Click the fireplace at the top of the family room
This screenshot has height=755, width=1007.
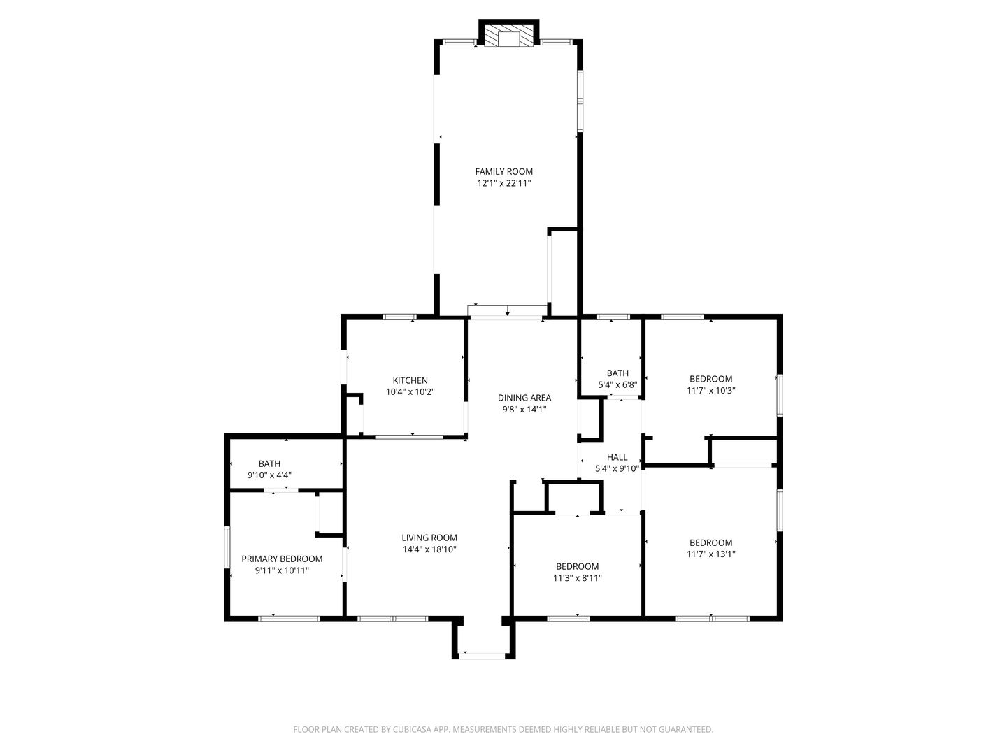(508, 33)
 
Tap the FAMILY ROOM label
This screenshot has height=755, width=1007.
(503, 171)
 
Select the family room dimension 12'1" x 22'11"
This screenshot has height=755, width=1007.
(503, 183)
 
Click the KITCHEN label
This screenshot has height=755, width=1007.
(410, 380)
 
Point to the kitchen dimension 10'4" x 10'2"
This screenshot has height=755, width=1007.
(410, 392)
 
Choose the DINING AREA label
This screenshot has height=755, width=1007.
(524, 398)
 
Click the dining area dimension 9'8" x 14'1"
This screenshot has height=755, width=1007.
(524, 410)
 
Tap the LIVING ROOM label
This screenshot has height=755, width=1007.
(429, 538)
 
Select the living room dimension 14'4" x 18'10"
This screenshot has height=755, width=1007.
(429, 549)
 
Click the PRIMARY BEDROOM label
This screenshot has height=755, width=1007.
(282, 559)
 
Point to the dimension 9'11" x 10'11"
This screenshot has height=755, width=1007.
(282, 570)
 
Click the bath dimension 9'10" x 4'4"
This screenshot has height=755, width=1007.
(269, 475)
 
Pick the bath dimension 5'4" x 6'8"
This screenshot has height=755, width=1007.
(617, 384)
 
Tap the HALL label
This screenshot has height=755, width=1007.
(617, 457)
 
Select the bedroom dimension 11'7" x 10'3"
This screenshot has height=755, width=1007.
(710, 391)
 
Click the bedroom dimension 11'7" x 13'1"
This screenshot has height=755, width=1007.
(710, 554)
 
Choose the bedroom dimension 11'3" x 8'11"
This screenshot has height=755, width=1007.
(577, 578)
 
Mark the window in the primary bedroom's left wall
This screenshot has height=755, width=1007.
(227, 547)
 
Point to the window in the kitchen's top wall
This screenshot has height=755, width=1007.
(399, 317)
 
